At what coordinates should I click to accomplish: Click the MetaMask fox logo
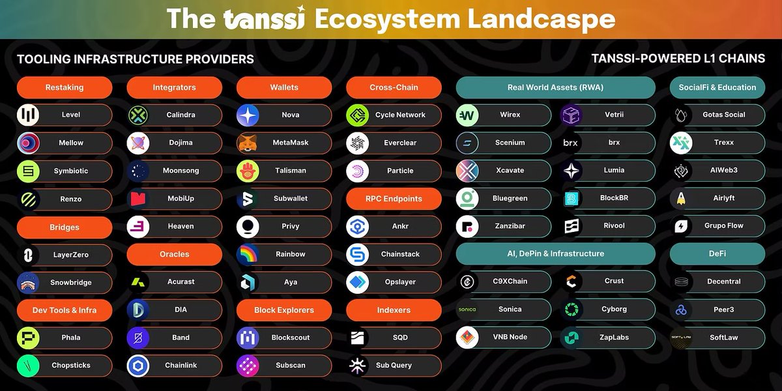pos(248,143)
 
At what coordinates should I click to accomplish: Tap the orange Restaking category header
pos(65,87)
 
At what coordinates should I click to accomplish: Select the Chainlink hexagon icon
pos(138,366)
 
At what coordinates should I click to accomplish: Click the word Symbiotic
pos(71,171)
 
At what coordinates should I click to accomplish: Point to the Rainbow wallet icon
pos(248,254)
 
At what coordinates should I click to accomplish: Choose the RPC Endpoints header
pos(394,199)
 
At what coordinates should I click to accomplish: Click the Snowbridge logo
pos(28,283)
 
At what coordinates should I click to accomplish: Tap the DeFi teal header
pos(717,253)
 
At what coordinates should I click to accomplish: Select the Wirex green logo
pos(467,115)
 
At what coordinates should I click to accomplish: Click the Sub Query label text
pos(394,366)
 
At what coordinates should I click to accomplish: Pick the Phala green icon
pos(28,338)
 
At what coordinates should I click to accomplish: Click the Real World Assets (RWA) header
pos(555,87)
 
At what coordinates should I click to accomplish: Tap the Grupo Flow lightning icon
pos(681,226)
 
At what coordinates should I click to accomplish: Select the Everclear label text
pos(400,143)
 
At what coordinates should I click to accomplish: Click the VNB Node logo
pos(467,338)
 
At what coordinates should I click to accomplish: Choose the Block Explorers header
pos(284,310)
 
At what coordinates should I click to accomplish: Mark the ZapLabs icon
pos(572,338)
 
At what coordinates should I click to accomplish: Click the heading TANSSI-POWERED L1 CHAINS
pos(678,59)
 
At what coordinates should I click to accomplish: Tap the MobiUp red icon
pos(138,198)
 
